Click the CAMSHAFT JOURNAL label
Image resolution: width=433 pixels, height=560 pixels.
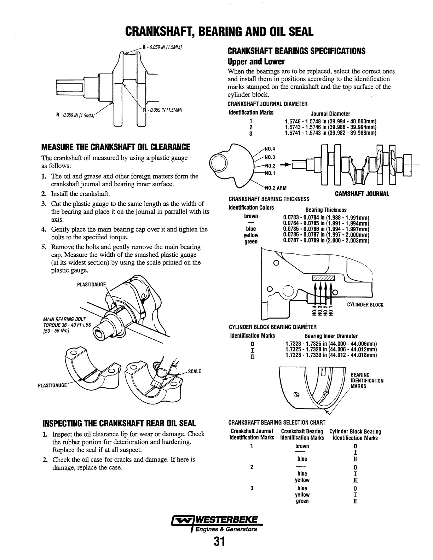click(362, 194)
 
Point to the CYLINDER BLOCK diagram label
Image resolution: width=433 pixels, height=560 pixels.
click(365, 305)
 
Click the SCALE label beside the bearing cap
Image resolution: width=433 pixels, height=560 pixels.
click(195, 371)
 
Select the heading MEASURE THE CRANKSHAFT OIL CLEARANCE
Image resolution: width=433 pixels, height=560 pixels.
click(116, 147)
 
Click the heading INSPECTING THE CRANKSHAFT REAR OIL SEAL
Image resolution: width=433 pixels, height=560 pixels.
click(119, 423)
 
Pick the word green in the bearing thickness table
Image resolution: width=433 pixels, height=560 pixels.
click(251, 242)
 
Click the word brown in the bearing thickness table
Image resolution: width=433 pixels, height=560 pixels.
click(251, 216)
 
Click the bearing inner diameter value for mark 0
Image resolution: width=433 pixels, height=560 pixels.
click(331, 344)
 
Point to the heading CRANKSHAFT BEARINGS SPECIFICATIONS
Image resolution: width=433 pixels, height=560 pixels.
click(296, 51)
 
